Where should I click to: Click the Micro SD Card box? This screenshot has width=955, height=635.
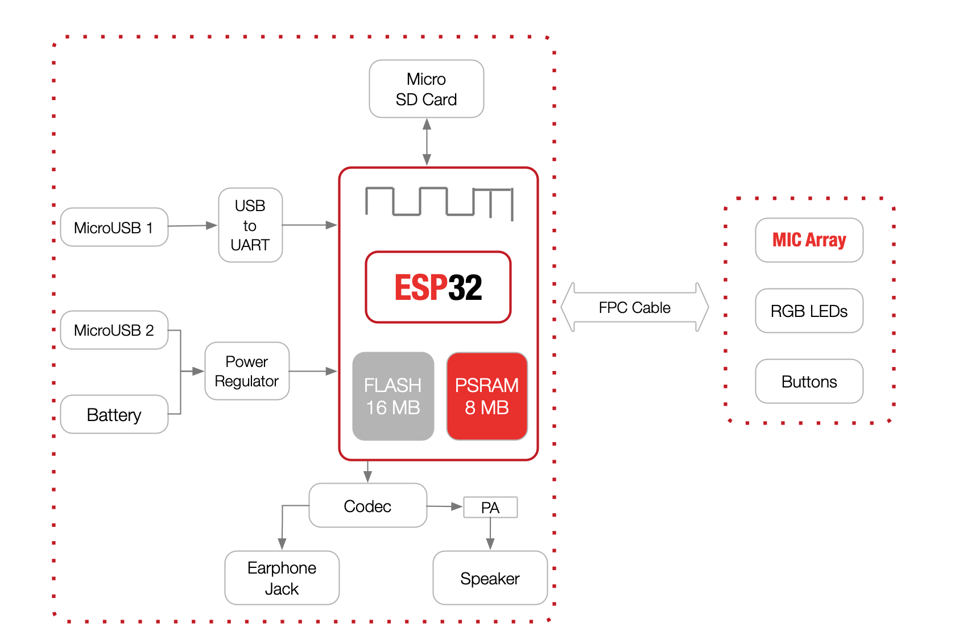[x=427, y=89]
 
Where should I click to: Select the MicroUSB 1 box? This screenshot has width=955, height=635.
[x=114, y=227]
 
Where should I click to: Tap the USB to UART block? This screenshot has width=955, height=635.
[x=250, y=225]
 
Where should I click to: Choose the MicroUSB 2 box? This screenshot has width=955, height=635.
[x=114, y=330]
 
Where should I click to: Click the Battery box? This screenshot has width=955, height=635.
[x=114, y=415]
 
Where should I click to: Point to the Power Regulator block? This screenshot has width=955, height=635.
[x=247, y=371]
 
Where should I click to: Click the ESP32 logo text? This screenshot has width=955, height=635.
[x=439, y=287]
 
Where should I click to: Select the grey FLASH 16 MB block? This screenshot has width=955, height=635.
[x=393, y=396]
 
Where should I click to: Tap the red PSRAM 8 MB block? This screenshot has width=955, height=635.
[x=487, y=396]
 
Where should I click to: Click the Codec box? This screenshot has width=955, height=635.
[x=367, y=506]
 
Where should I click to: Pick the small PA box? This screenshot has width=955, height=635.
[x=490, y=508]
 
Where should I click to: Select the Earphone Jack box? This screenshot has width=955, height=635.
[x=282, y=578]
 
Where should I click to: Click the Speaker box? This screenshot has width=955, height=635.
[x=490, y=578]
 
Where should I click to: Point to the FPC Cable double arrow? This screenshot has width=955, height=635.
[x=635, y=307]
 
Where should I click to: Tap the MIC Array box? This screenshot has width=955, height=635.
[x=809, y=240]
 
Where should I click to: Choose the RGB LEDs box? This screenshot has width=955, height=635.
[x=809, y=311]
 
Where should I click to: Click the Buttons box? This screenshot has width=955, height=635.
[x=809, y=381]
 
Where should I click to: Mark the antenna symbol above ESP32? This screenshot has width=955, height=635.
[x=439, y=203]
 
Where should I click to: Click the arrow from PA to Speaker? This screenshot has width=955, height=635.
[x=490, y=534]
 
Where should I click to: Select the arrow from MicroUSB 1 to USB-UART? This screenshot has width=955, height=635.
[x=193, y=225]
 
